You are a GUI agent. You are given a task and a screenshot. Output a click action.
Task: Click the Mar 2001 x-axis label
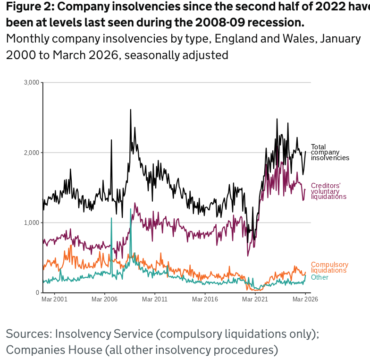point(54,300)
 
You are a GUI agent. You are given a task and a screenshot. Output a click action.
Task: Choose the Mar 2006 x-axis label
point(104,300)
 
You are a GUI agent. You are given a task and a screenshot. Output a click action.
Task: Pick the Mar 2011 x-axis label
point(155,300)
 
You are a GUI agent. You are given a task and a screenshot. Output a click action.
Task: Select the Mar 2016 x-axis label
point(205,300)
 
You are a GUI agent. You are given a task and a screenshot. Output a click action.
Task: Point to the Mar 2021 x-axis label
point(255,300)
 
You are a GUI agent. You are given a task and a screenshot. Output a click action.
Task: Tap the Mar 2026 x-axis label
point(305,300)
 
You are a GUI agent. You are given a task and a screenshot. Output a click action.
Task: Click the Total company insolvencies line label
point(330,152)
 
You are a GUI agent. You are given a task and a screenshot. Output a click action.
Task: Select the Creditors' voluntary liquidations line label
point(328,191)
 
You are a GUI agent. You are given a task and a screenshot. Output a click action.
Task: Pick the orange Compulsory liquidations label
point(329,267)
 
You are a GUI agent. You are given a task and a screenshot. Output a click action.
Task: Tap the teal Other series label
point(320,277)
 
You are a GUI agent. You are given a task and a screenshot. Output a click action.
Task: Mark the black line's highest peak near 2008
point(130,110)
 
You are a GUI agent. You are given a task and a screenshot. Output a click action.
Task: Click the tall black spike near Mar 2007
point(111,140)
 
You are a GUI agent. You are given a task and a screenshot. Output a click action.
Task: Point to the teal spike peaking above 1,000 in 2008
point(130,209)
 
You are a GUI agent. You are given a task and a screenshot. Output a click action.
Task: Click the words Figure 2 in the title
point(29,8)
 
